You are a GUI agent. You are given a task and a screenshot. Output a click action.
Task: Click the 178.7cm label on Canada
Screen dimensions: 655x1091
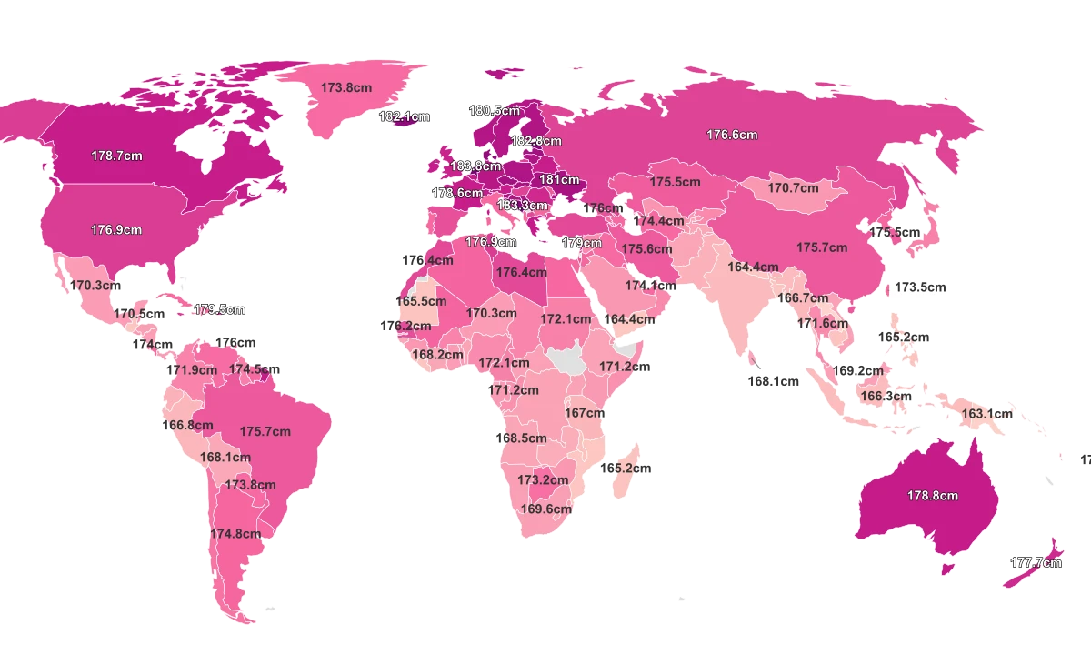click(116, 156)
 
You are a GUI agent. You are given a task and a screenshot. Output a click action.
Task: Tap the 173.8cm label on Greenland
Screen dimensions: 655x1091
click(346, 87)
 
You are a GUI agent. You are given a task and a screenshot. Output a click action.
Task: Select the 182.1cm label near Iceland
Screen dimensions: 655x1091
click(405, 116)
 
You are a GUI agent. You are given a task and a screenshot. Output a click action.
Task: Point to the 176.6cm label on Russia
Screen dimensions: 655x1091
click(732, 135)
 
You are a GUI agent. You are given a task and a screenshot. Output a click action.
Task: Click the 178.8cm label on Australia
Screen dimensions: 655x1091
click(932, 496)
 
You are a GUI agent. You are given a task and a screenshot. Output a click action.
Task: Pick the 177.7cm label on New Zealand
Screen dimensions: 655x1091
click(1036, 562)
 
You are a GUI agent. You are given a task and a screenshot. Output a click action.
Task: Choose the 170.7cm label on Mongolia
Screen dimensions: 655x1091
click(793, 188)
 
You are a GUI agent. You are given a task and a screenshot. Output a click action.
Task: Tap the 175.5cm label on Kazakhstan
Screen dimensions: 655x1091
click(675, 182)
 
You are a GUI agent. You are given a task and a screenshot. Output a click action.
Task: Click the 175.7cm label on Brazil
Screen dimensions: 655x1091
click(265, 431)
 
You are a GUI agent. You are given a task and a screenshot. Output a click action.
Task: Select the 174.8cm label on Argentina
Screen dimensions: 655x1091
click(235, 534)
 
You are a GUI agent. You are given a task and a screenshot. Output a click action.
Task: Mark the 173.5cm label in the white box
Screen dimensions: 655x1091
click(920, 287)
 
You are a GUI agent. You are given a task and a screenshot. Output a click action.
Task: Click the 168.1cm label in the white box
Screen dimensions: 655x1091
click(772, 382)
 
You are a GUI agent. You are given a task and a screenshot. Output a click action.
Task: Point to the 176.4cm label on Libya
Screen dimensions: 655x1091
click(521, 272)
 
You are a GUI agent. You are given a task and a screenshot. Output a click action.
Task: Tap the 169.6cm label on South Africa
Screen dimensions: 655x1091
click(545, 509)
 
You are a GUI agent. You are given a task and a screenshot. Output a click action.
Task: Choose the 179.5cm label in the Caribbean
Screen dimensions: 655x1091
click(220, 309)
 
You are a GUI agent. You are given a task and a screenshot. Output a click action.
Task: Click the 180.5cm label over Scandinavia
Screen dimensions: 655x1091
click(495, 111)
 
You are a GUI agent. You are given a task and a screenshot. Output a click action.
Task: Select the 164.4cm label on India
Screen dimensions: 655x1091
click(753, 267)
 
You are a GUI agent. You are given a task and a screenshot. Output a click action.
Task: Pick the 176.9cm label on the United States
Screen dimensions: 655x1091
click(116, 230)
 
